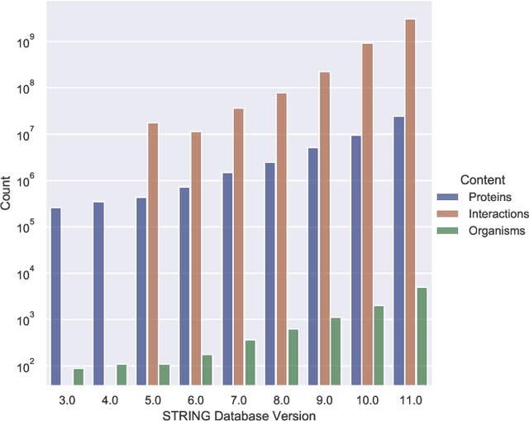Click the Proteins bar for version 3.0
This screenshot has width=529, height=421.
click(56, 296)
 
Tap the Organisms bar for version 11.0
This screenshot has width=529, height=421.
click(422, 336)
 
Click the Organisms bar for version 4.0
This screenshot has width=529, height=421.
click(122, 375)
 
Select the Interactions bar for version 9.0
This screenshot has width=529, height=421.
click(324, 228)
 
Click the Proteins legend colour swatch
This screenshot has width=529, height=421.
click(448, 197)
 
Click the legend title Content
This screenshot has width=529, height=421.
click(483, 179)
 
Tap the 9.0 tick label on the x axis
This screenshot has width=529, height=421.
click(324, 399)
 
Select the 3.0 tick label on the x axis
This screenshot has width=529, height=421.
click(68, 399)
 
